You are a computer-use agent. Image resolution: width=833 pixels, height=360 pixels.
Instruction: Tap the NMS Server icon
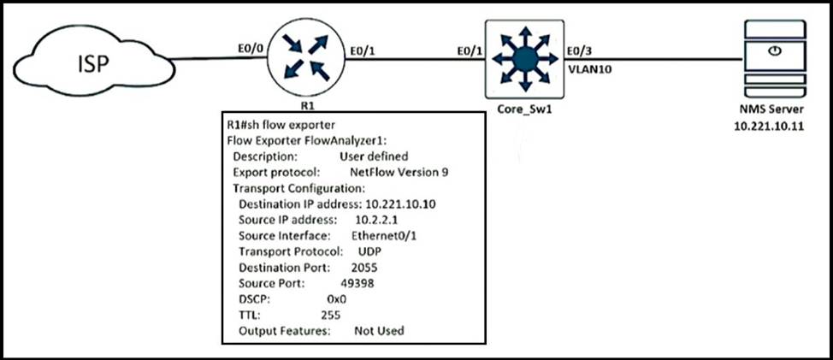[773, 56]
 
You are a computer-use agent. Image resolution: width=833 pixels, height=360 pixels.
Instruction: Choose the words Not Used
[378, 331]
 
